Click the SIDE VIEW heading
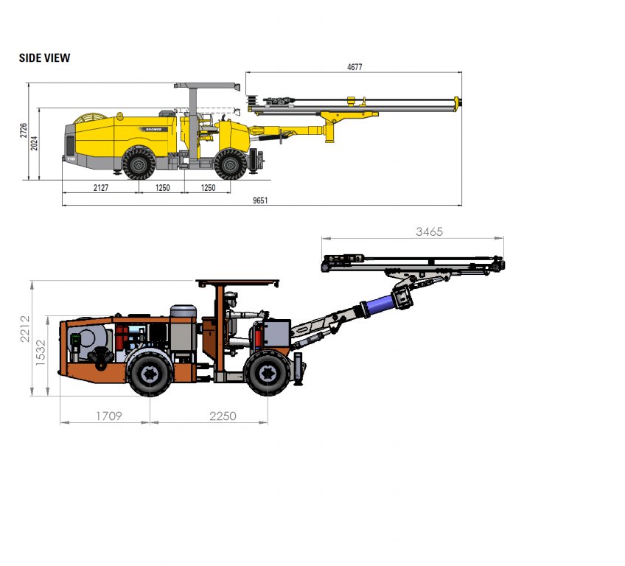[x=45, y=57]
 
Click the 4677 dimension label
[x=355, y=67]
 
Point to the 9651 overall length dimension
[x=260, y=200]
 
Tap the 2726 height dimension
[x=24, y=130]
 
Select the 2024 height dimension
[x=35, y=143]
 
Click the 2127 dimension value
[x=101, y=187]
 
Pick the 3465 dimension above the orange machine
[x=429, y=231]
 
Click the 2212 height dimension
[x=25, y=329]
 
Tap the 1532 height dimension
[x=41, y=353]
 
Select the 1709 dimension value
[x=109, y=416]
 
